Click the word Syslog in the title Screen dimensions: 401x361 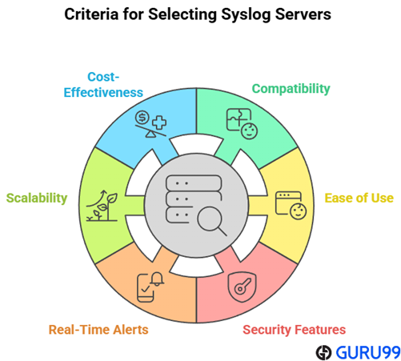pyautogui.click(x=246, y=14)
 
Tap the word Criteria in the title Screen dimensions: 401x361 pyautogui.click(x=91, y=14)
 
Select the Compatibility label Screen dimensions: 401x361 pyautogui.click(x=291, y=89)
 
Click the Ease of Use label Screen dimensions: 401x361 pyautogui.click(x=359, y=198)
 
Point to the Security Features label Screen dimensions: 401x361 pyautogui.click(x=294, y=330)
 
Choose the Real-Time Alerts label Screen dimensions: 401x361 pyautogui.click(x=98, y=330)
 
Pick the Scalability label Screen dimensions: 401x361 pyautogui.click(x=37, y=199)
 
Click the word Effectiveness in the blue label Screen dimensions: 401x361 pyautogui.click(x=103, y=92)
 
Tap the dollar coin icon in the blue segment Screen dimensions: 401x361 pyautogui.click(x=142, y=118)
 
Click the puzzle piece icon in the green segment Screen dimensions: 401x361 pyautogui.click(x=239, y=119)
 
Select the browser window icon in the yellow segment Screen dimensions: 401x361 pyautogui.click(x=288, y=203)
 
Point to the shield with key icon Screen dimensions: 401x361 pyautogui.click(x=242, y=287)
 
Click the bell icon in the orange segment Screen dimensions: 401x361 pyautogui.click(x=157, y=279)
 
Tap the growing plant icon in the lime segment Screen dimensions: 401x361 pyautogui.click(x=102, y=206)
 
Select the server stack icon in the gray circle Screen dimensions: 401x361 pyautogui.click(x=194, y=199)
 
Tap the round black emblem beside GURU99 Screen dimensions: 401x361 pyautogui.click(x=323, y=352)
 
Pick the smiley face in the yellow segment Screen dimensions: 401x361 pyautogui.click(x=298, y=211)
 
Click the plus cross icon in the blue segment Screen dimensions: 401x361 pyautogui.click(x=159, y=122)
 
